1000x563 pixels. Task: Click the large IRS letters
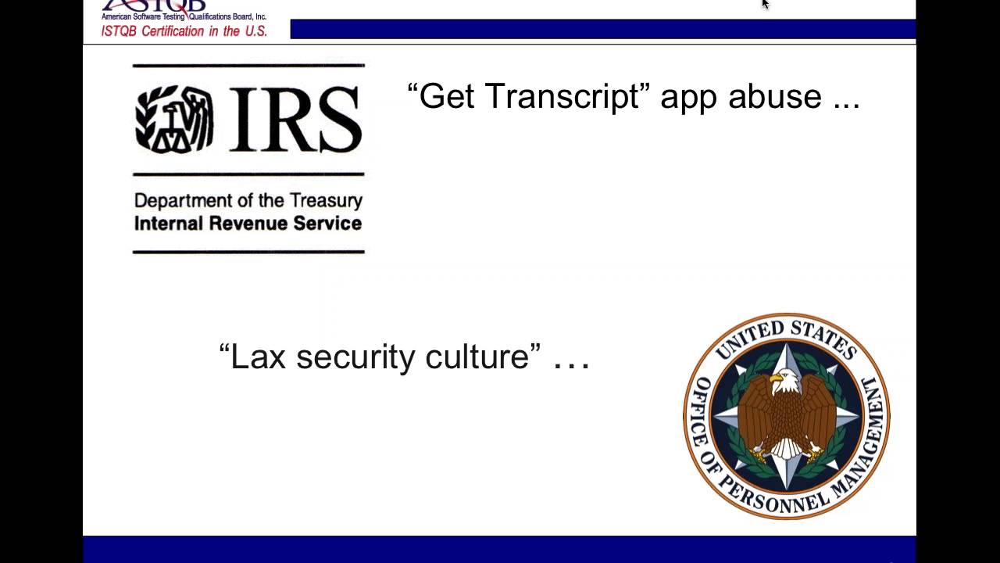(295, 119)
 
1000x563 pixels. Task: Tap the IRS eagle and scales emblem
(174, 119)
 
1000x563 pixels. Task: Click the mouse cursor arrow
(765, 4)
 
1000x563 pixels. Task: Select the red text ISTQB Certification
(184, 31)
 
